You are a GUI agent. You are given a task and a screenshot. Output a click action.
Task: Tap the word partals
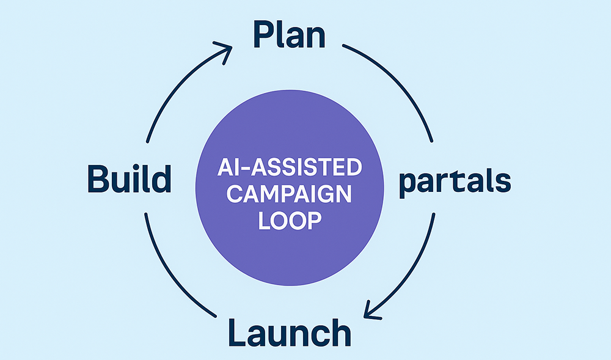click(455, 183)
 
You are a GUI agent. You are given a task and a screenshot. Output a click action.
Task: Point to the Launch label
click(290, 332)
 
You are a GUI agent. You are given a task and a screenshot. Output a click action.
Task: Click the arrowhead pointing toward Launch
click(369, 310)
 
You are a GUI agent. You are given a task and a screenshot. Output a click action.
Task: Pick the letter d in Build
click(161, 180)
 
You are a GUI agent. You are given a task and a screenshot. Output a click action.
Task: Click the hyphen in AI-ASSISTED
click(234, 168)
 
